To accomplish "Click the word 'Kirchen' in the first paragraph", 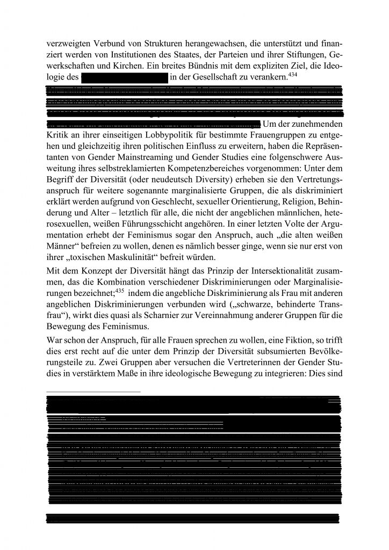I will point(124,67).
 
